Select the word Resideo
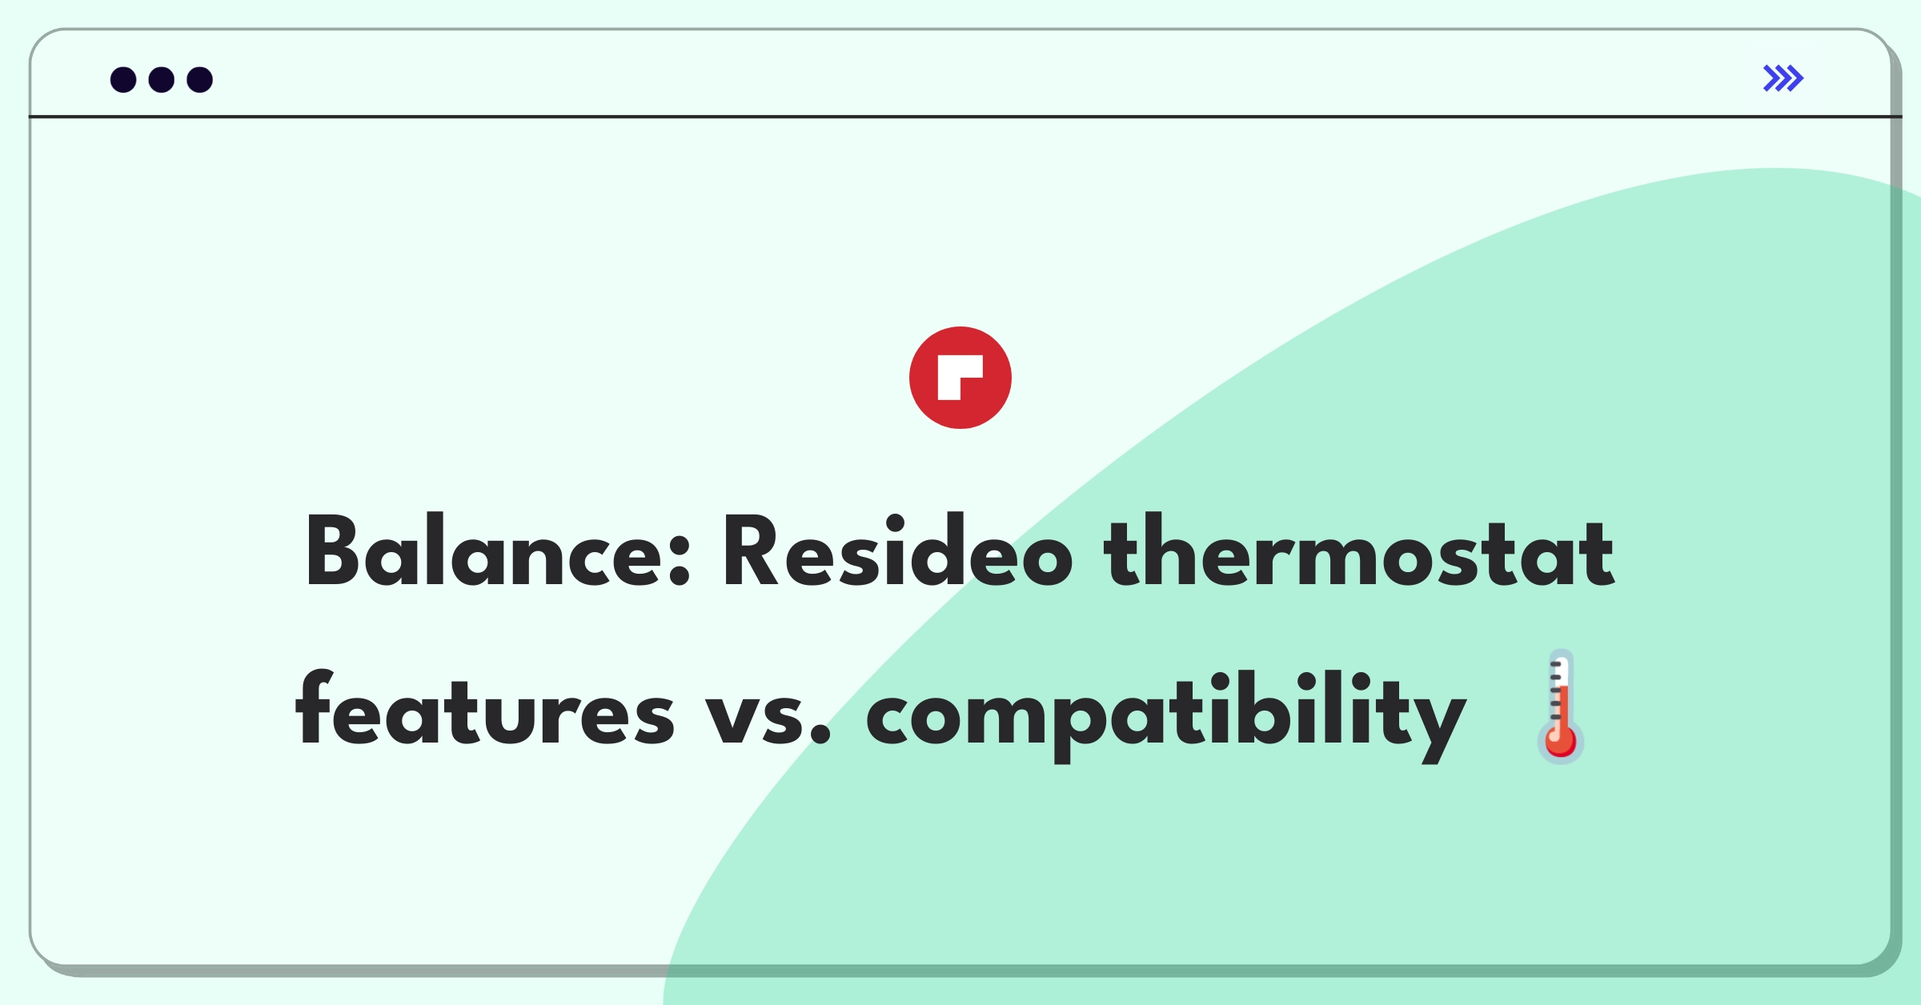coord(897,551)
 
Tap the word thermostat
coord(1358,551)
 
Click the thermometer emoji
coord(1560,707)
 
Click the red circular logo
coord(960,378)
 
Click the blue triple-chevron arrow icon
coord(1783,78)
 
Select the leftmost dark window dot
coord(123,80)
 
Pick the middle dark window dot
coord(162,80)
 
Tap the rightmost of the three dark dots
coord(200,80)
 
